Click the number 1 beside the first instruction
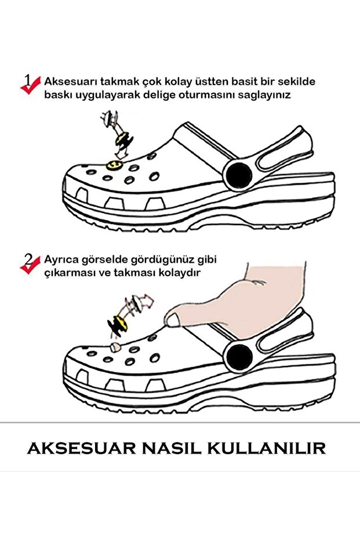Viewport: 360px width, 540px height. tap(27, 78)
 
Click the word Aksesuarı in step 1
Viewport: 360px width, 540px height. tap(67, 82)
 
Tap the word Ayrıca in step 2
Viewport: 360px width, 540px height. tap(60, 260)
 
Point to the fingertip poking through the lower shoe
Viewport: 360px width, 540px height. tap(115, 346)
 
